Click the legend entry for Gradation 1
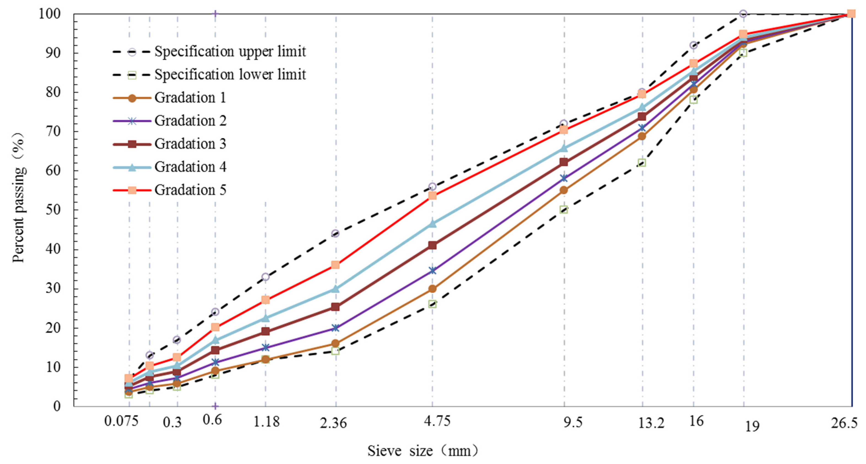190,98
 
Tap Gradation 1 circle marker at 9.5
564,190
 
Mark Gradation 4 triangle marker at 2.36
335,289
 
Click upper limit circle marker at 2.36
335,233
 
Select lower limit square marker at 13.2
642,163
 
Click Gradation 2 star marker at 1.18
265,347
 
